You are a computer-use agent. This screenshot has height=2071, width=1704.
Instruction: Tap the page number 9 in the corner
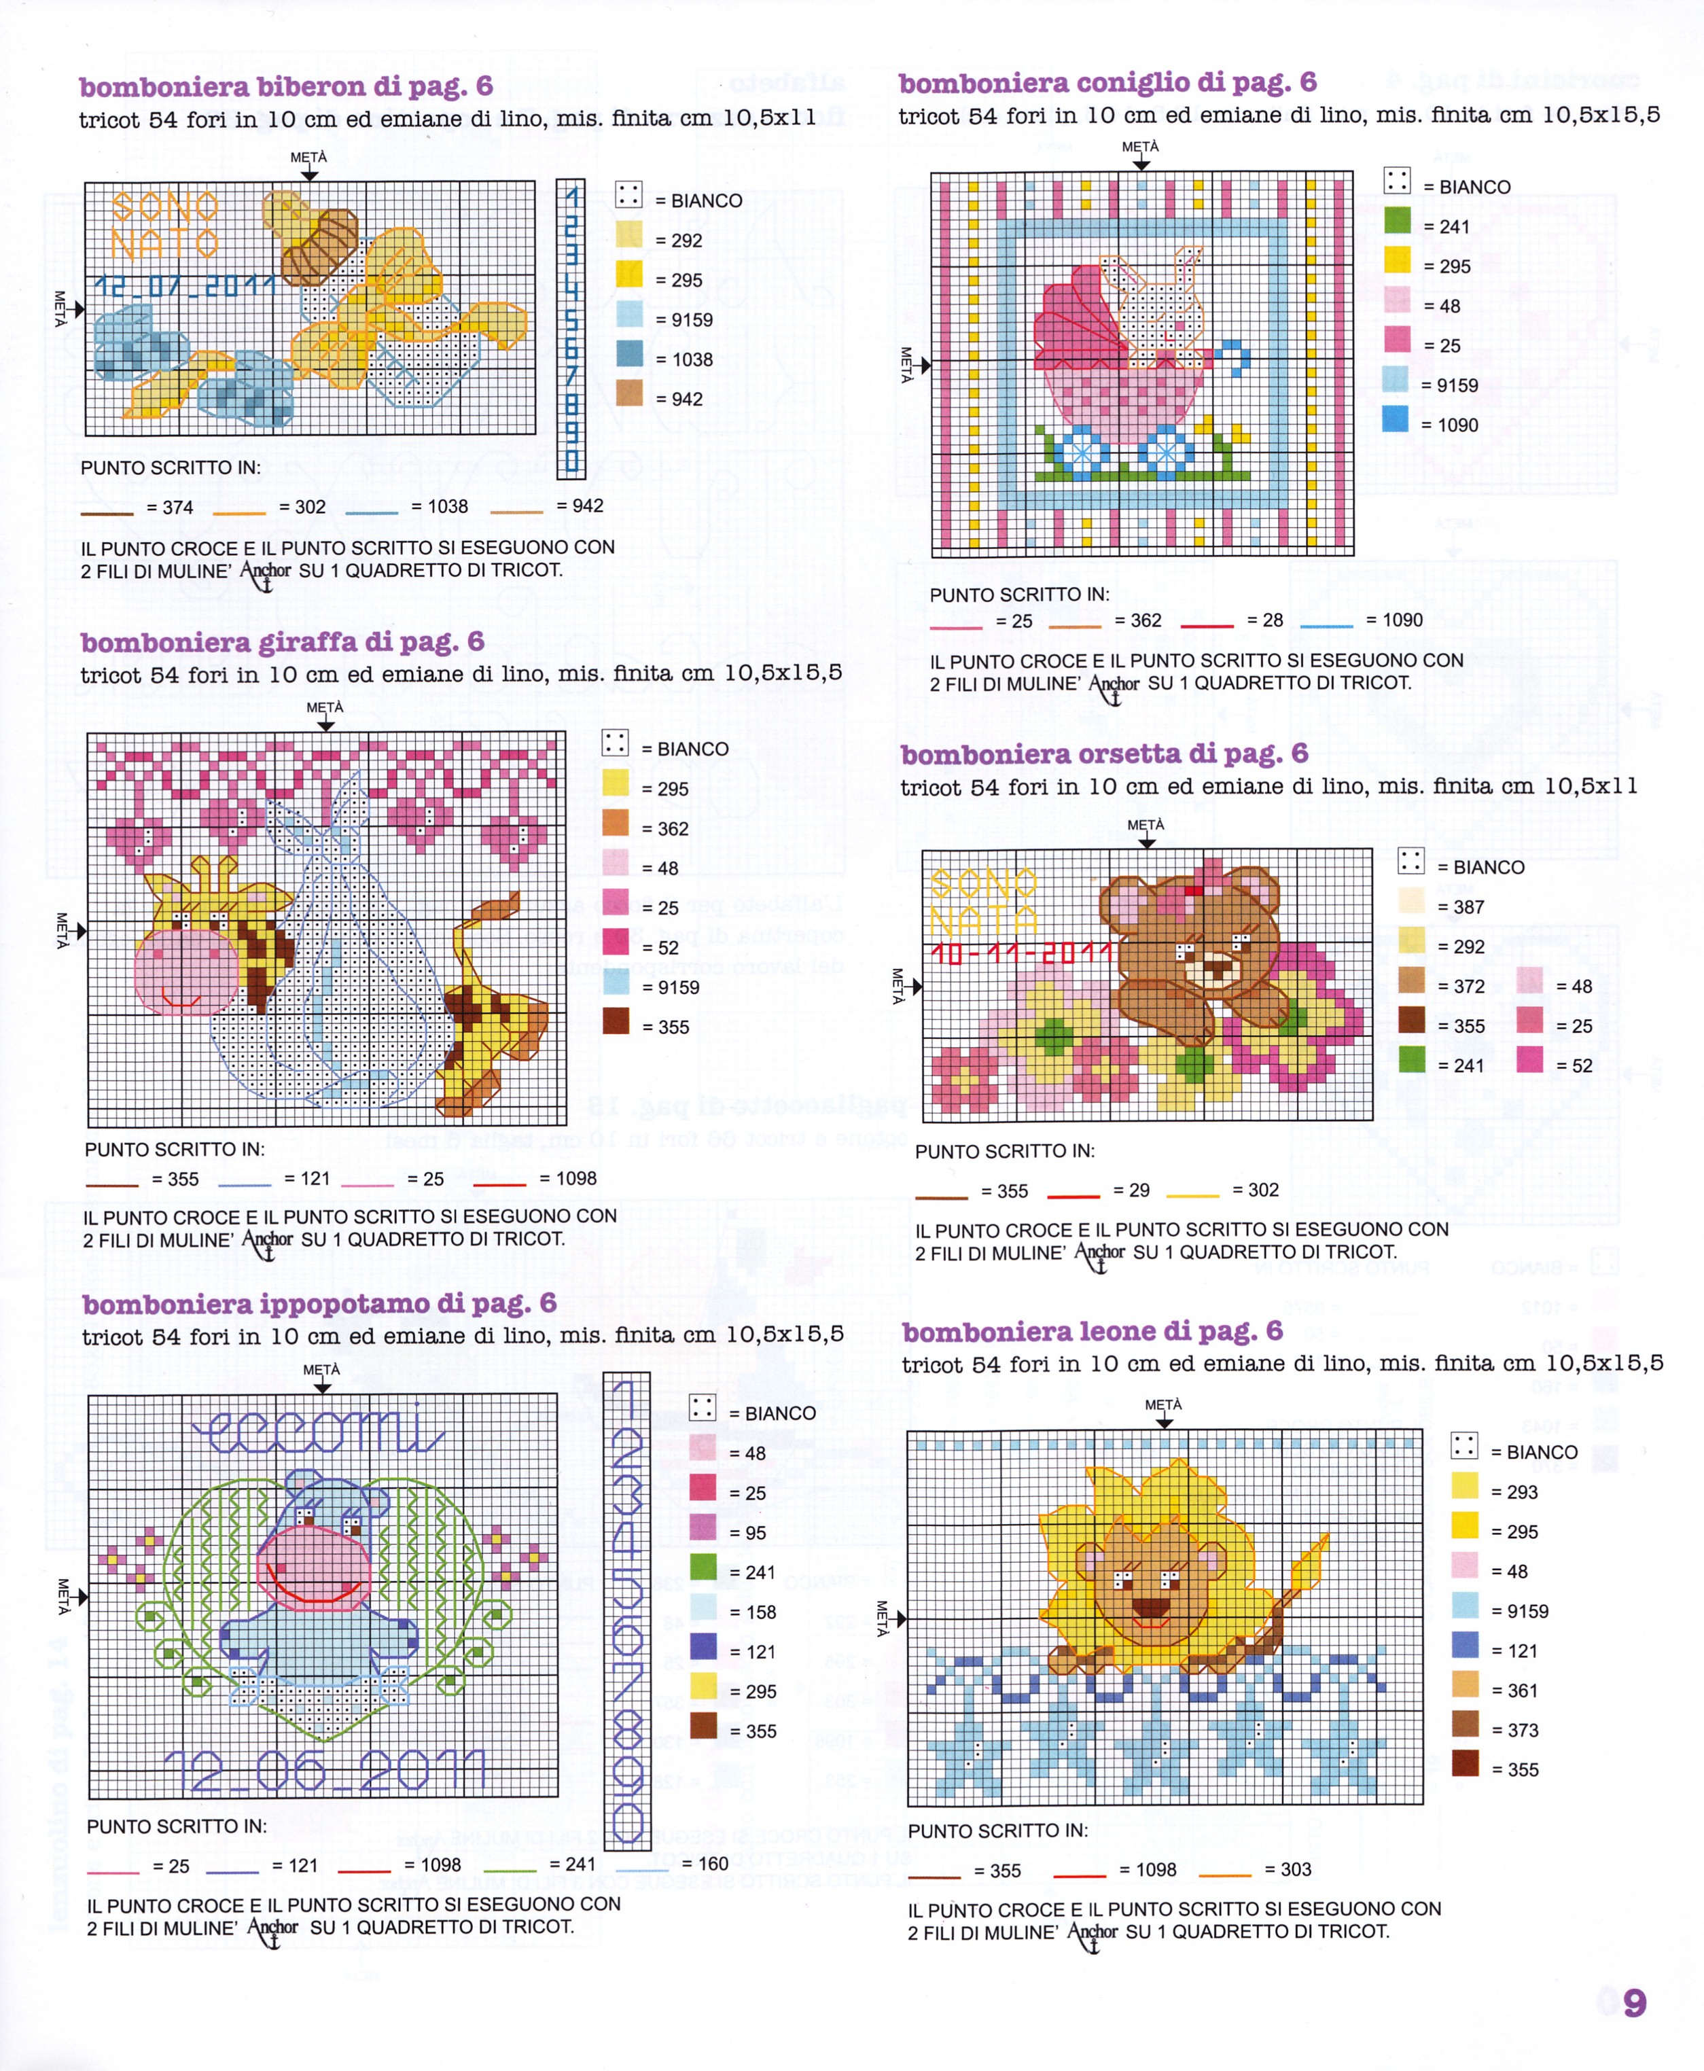tap(1634, 2002)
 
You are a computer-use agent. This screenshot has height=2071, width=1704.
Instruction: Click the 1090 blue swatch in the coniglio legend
tap(1396, 419)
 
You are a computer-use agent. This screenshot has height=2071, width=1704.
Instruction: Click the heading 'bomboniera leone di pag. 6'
tap(1093, 1331)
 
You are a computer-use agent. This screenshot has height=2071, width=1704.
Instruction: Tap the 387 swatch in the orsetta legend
tap(1410, 901)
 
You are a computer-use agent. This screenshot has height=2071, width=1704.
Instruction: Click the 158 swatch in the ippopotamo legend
tap(703, 1607)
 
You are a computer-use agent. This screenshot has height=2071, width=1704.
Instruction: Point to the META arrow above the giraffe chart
tap(325, 724)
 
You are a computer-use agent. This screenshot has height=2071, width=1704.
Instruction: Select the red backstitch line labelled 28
tap(1207, 625)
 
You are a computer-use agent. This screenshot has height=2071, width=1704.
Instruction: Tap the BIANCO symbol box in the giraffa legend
tap(616, 743)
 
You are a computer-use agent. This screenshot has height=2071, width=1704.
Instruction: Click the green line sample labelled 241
tap(510, 1869)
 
